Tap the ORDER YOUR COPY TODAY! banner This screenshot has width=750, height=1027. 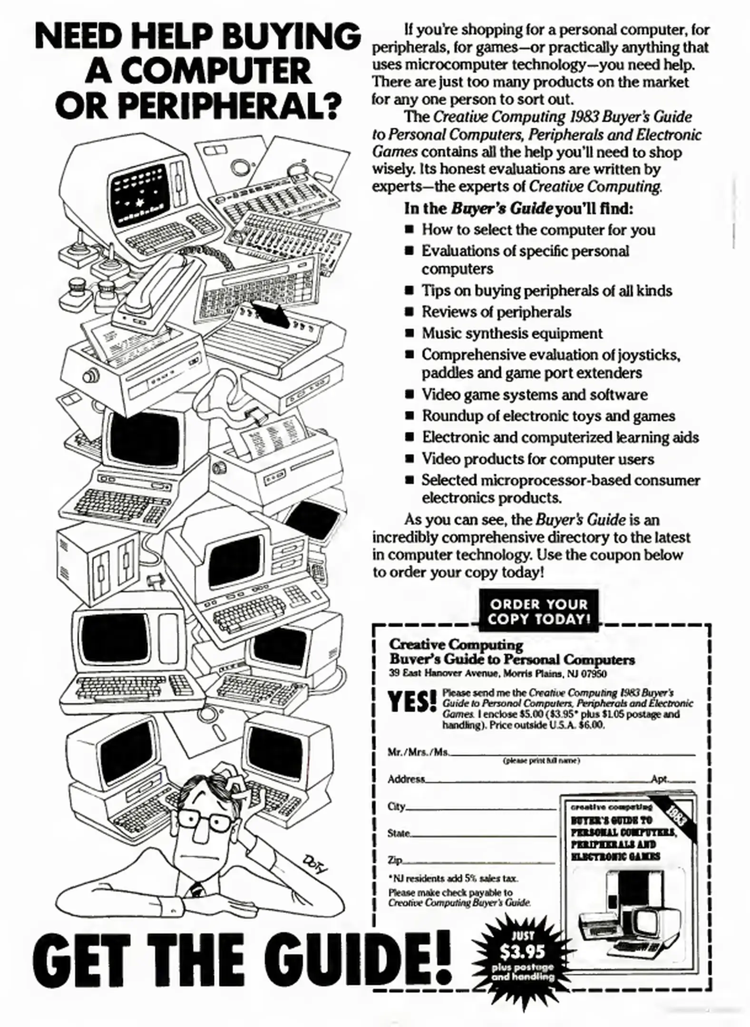tap(539, 611)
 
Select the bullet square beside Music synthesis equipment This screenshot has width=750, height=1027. tap(409, 334)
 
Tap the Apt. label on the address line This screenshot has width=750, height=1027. tap(660, 779)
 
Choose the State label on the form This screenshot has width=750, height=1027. tap(399, 833)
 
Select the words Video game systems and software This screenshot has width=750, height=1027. tap(535, 395)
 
